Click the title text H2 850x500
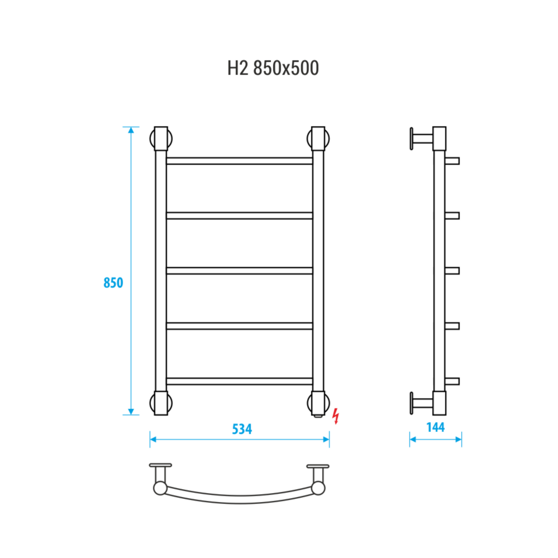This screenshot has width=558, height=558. coord(273,68)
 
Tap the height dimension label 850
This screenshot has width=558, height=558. coord(113,283)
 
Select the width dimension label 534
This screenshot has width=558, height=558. coord(242,429)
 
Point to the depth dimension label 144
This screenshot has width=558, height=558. coord(436,427)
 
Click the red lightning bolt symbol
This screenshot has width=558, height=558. coord(336,416)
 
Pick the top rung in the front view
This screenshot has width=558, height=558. coord(240,161)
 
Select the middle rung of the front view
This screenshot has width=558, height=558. coord(240,271)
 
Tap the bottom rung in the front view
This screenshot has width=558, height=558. coord(240,381)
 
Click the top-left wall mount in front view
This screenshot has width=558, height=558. coord(161,139)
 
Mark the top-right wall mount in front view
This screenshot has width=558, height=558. coord(318,139)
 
